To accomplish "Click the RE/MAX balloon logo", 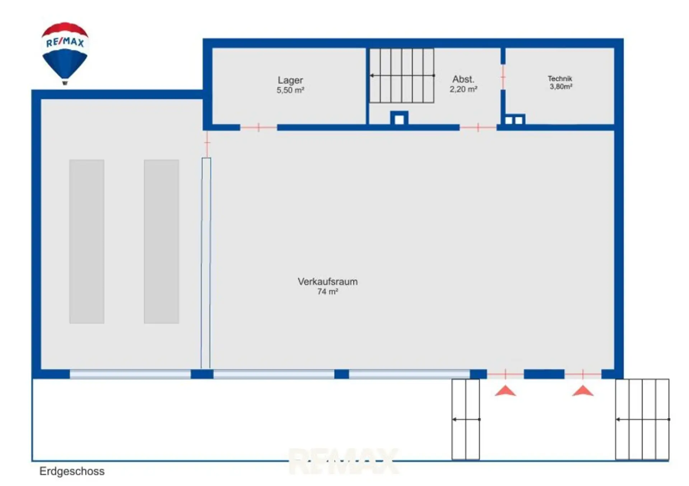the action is (x=65, y=53).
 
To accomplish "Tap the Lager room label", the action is (x=290, y=80).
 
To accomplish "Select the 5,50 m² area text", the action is (x=290, y=90).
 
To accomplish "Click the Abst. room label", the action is (x=463, y=79).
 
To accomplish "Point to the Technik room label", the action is (x=560, y=78).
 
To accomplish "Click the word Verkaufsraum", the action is (x=328, y=282).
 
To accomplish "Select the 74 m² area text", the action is (x=328, y=292).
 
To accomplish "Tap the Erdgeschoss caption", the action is (x=72, y=471).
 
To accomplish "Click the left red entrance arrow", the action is (x=505, y=391).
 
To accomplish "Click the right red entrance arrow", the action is (x=583, y=391).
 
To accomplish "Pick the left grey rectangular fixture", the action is (x=87, y=242).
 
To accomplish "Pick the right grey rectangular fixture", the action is (x=161, y=242).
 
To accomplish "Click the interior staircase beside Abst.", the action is (x=402, y=76).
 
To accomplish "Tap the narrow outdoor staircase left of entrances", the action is (x=466, y=419).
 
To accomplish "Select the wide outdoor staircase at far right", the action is (x=642, y=419).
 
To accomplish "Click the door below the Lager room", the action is (x=258, y=127).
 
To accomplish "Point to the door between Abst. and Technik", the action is (x=503, y=77).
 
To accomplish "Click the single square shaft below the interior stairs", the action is (x=399, y=118).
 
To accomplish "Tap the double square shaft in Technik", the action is (x=514, y=120).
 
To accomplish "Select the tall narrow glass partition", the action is (x=206, y=263).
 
